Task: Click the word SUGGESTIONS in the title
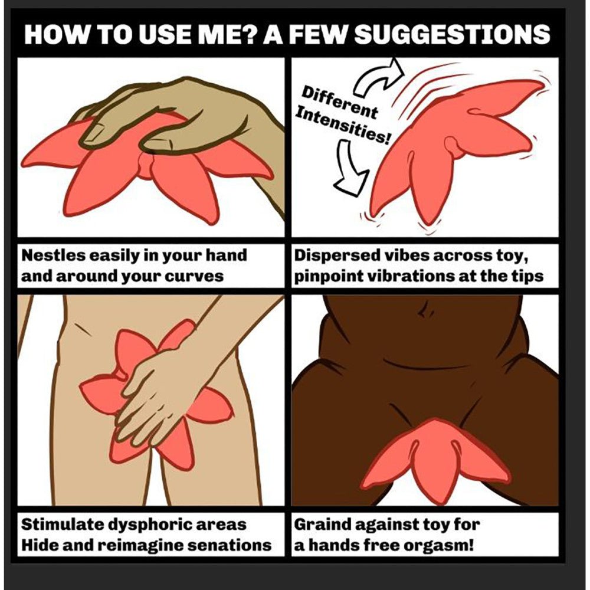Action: coord(452,34)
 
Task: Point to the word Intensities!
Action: coord(342,123)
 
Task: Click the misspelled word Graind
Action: coord(320,524)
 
